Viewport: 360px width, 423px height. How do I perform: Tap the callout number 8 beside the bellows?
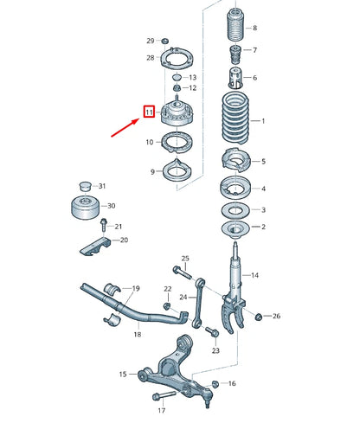pyautogui.click(x=254, y=29)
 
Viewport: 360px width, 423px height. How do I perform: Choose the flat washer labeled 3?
pyautogui.click(x=235, y=209)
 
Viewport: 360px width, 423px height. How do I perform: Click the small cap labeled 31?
pyautogui.click(x=84, y=186)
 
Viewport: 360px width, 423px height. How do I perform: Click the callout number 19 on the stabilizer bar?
pyautogui.click(x=135, y=288)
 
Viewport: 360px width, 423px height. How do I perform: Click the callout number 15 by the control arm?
pyautogui.click(x=122, y=374)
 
